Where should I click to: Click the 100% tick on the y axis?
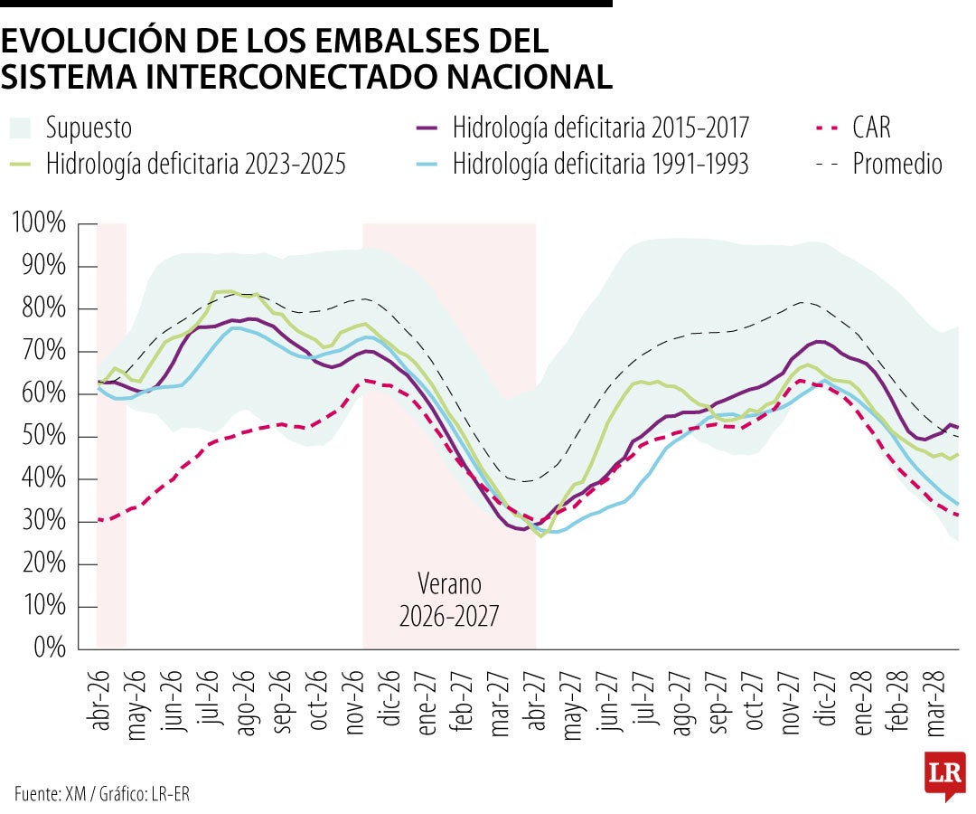click(39, 223)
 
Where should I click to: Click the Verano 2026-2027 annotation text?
click(448, 600)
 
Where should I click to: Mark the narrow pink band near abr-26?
click(111, 434)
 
